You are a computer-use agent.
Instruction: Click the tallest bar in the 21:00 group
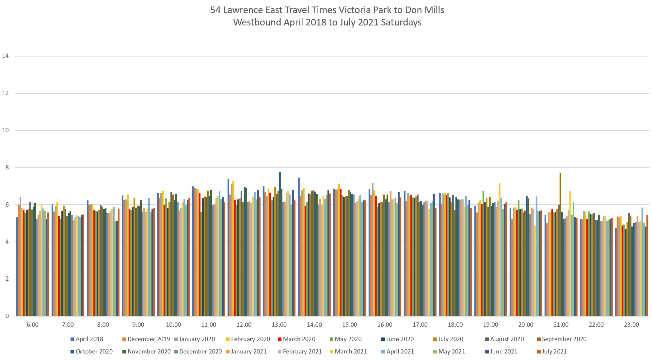560,245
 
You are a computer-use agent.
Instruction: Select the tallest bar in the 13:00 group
280,245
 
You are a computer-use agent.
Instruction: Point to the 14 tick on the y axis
5,56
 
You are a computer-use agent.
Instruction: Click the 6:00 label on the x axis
33,325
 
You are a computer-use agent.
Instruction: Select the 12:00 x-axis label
244,325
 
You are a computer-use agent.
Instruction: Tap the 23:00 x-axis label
631,325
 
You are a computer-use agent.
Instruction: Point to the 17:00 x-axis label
420,325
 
